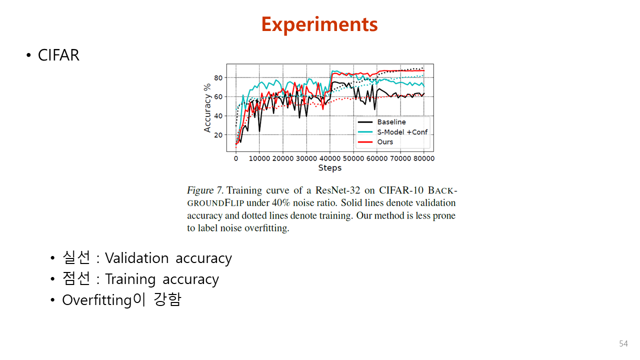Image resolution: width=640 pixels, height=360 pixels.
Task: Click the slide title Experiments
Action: point(319,24)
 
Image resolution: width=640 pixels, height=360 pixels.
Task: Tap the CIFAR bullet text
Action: point(58,55)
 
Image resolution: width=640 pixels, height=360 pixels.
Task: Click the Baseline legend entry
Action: point(391,122)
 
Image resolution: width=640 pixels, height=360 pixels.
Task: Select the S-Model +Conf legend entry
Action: point(402,132)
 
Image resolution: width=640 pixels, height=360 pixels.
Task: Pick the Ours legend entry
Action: point(385,142)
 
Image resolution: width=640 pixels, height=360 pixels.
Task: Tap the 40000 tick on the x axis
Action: point(329,158)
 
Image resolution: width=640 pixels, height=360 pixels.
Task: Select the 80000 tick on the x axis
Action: point(423,158)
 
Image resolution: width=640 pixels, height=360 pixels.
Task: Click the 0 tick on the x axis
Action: point(236,158)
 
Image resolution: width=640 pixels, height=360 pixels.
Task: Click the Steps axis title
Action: point(329,168)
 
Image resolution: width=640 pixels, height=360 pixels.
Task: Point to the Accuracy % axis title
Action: point(207,107)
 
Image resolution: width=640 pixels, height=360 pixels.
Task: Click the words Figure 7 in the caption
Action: point(204,190)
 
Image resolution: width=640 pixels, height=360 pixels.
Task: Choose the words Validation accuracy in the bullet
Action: point(168,258)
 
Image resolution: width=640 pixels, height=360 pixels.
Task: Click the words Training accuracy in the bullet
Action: point(161,279)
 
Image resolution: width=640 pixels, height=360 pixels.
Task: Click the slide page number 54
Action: point(623,343)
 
